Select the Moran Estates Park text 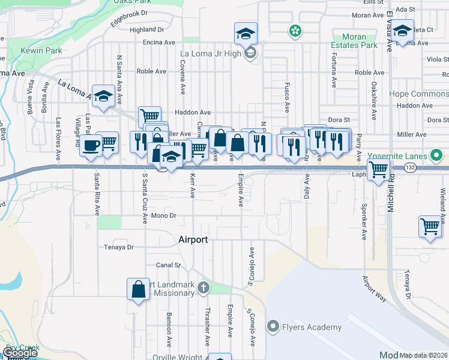point(355,40)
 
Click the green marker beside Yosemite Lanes point(438,157)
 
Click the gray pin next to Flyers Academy point(273,327)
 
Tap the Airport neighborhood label point(193,239)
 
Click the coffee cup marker point(91,145)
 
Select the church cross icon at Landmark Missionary point(203,288)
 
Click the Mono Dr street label point(163,215)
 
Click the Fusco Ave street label point(287,98)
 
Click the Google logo point(20,353)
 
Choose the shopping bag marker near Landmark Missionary point(138,289)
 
